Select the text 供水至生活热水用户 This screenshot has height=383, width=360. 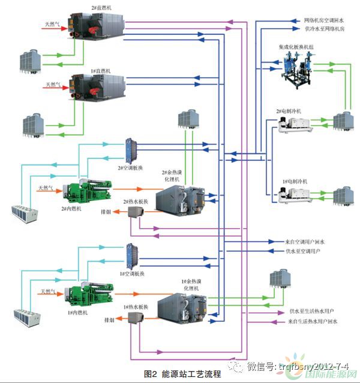(312, 312)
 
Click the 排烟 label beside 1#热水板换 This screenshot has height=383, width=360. (107, 320)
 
